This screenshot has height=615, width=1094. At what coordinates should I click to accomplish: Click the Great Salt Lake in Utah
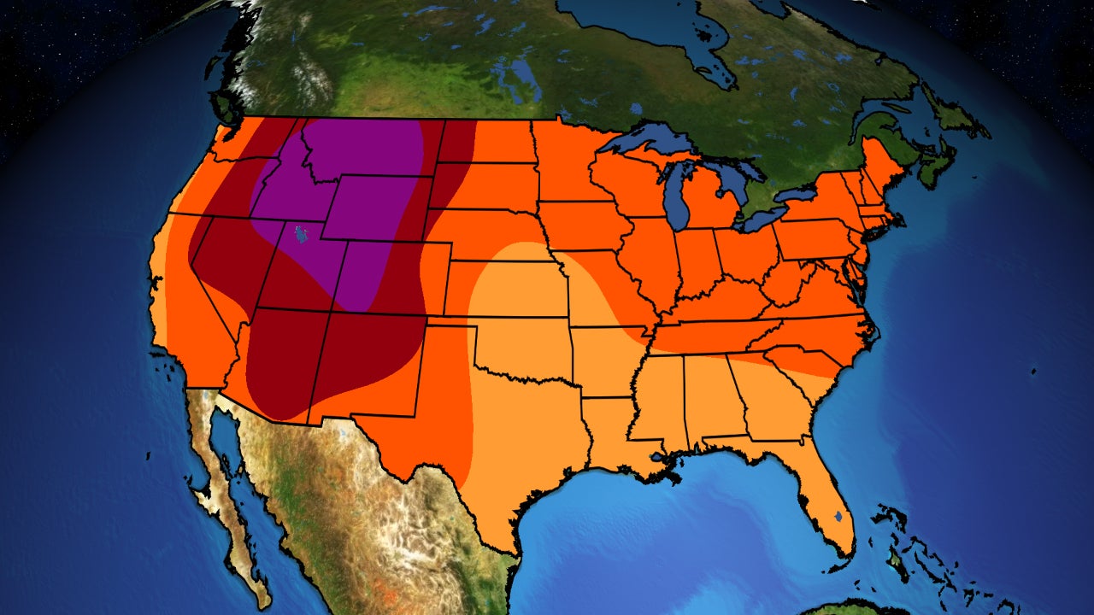(x=298, y=233)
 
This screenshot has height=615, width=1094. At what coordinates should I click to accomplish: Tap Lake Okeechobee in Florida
(x=837, y=517)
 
